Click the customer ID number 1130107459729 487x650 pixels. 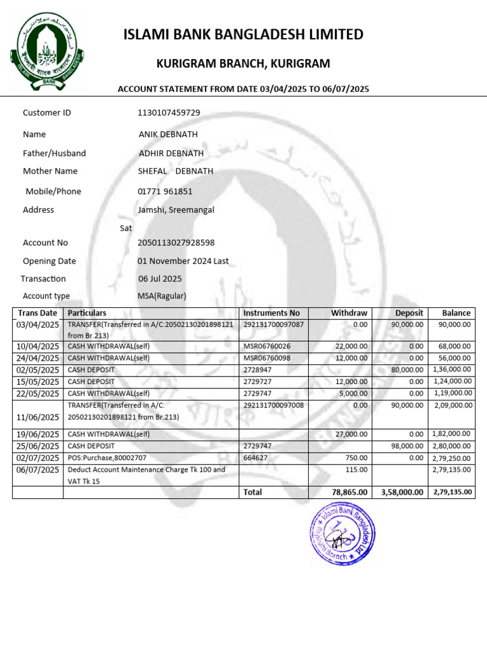tap(169, 112)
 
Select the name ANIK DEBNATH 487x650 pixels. tap(168, 134)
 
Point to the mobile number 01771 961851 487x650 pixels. tap(165, 191)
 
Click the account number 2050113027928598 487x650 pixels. tap(176, 242)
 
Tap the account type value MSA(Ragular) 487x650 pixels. tap(162, 296)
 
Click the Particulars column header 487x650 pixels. tap(87, 313)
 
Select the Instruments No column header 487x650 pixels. tap(271, 313)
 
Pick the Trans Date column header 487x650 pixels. tap(37, 313)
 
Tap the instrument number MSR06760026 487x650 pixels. tap(266, 346)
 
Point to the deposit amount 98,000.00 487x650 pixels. tap(405, 446)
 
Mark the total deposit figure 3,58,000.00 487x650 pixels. tap(401, 492)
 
